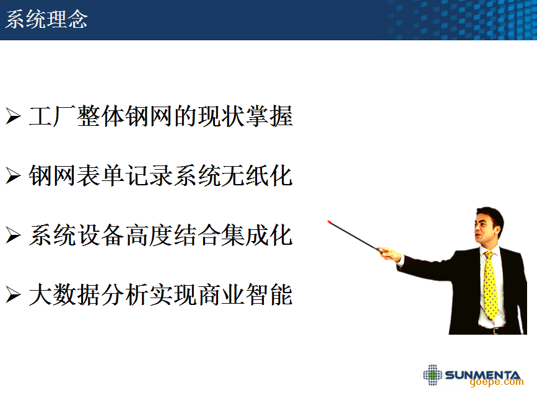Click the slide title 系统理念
(46, 19)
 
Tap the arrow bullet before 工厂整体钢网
(14, 116)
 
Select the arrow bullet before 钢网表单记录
(14, 176)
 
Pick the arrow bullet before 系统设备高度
(14, 236)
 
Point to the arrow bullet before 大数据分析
(14, 295)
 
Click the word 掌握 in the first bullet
(269, 116)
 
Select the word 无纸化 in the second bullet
(257, 175)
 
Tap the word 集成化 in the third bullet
(257, 235)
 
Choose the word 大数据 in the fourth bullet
(64, 295)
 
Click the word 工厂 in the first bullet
(53, 116)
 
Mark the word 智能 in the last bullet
(269, 295)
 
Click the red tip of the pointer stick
(330, 222)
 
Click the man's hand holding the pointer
(390, 254)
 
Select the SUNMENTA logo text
(482, 374)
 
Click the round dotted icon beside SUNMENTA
(432, 374)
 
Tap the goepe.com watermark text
(497, 382)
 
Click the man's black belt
(493, 331)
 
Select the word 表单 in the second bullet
(100, 175)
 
